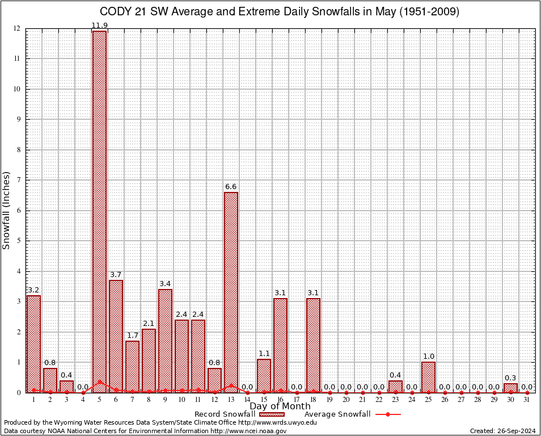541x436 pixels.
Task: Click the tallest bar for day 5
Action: click(x=99, y=210)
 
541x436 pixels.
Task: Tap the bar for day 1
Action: click(x=33, y=343)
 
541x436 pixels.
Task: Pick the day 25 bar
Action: click(x=428, y=377)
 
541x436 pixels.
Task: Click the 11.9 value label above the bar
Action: click(x=99, y=25)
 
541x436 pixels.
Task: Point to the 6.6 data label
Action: click(x=231, y=187)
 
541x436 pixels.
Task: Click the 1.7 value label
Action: click(x=132, y=336)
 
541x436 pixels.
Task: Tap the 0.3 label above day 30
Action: click(x=510, y=378)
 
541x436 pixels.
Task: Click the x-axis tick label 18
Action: click(x=313, y=400)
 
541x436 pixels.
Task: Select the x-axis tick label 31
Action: click(x=527, y=400)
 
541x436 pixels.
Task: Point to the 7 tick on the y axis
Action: click(x=19, y=180)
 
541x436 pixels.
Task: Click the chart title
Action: click(x=280, y=12)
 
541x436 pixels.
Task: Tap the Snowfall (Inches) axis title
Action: click(x=7, y=210)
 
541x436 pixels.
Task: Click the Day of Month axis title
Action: click(x=280, y=406)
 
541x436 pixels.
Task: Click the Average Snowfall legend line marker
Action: click(x=387, y=414)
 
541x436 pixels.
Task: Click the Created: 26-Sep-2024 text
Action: click(x=503, y=431)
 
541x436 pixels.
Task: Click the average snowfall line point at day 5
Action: click(x=99, y=382)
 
